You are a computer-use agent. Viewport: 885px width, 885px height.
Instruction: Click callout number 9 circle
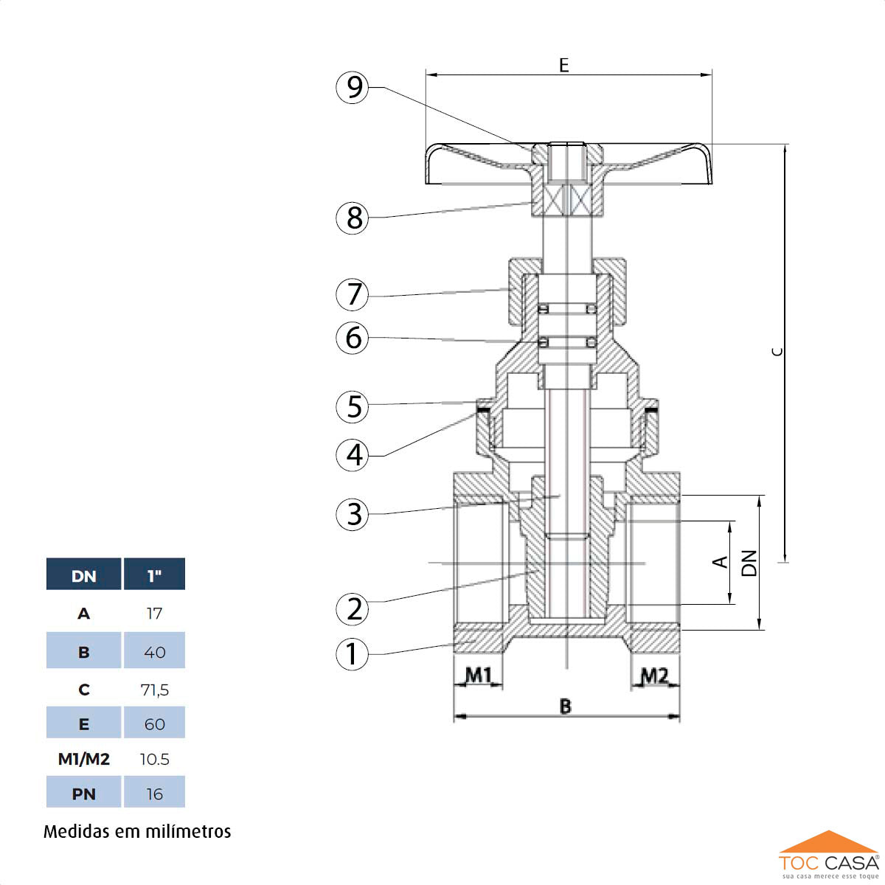click(353, 87)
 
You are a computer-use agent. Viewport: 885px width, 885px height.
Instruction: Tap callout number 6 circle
click(353, 338)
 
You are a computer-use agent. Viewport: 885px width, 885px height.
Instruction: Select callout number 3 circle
click(353, 514)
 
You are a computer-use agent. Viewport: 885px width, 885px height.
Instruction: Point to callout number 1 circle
click(353, 653)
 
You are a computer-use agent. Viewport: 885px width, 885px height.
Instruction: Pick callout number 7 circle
click(353, 294)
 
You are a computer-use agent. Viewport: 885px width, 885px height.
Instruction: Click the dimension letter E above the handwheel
click(564, 65)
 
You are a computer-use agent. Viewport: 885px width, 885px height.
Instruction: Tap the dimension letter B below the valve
click(565, 706)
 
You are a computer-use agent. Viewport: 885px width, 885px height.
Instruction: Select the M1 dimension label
click(478, 675)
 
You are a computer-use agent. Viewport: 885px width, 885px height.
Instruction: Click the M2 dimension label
click(653, 675)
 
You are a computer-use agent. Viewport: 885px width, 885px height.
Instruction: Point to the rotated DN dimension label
click(749, 563)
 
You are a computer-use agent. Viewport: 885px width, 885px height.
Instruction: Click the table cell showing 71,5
click(154, 690)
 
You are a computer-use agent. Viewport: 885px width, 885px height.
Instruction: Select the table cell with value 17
click(154, 613)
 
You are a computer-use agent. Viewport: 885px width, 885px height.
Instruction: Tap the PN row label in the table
click(83, 794)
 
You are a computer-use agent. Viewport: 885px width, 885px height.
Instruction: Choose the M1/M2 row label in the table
click(83, 759)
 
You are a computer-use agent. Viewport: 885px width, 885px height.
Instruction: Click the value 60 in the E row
click(154, 724)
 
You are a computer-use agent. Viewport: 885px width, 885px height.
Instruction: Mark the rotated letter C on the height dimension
click(777, 352)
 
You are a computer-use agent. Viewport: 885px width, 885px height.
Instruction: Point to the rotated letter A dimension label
click(721, 562)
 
